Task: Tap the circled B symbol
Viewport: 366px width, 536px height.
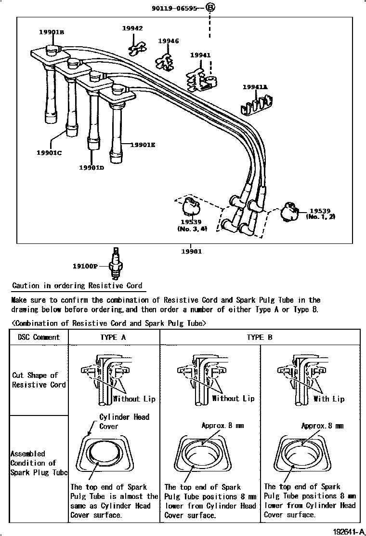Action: (210, 7)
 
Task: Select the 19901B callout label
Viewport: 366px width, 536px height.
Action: (52, 32)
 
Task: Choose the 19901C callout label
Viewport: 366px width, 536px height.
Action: (50, 153)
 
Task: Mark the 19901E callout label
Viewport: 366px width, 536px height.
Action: (143, 144)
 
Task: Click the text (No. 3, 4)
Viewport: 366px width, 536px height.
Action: (192, 229)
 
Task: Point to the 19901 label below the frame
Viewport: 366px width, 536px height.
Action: (191, 251)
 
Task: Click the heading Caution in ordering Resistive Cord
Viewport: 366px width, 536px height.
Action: (77, 285)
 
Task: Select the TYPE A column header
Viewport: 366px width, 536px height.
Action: (113, 337)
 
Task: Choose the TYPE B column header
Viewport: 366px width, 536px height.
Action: (259, 337)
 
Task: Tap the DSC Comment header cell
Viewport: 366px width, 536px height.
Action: (39, 337)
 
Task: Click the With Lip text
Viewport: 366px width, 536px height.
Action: (329, 399)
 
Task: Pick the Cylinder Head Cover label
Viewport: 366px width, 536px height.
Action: (124, 421)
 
